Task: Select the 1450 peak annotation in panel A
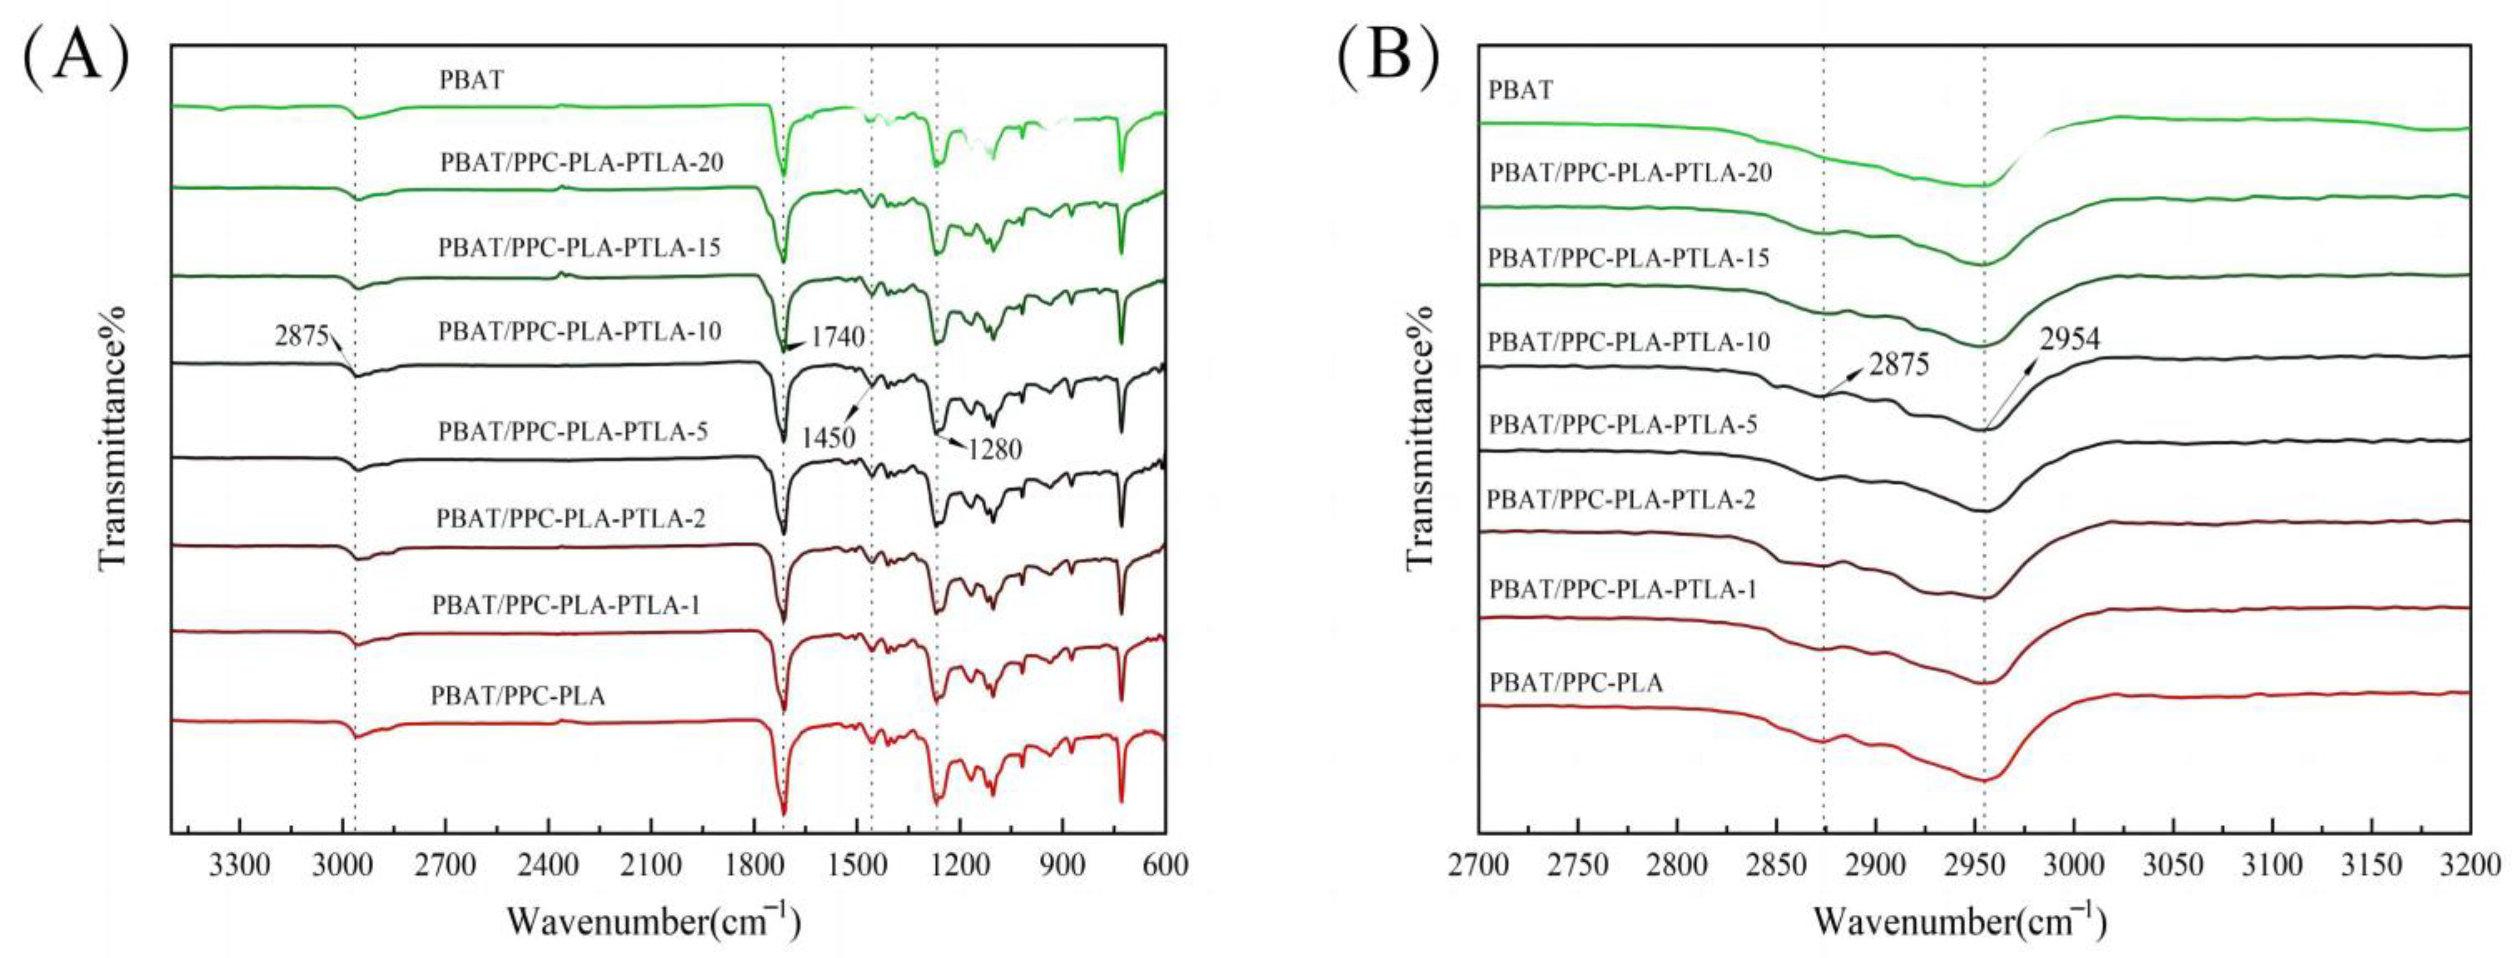829,438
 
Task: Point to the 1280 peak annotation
995,450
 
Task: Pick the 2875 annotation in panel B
1899,365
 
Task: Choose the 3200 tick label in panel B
2469,866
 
